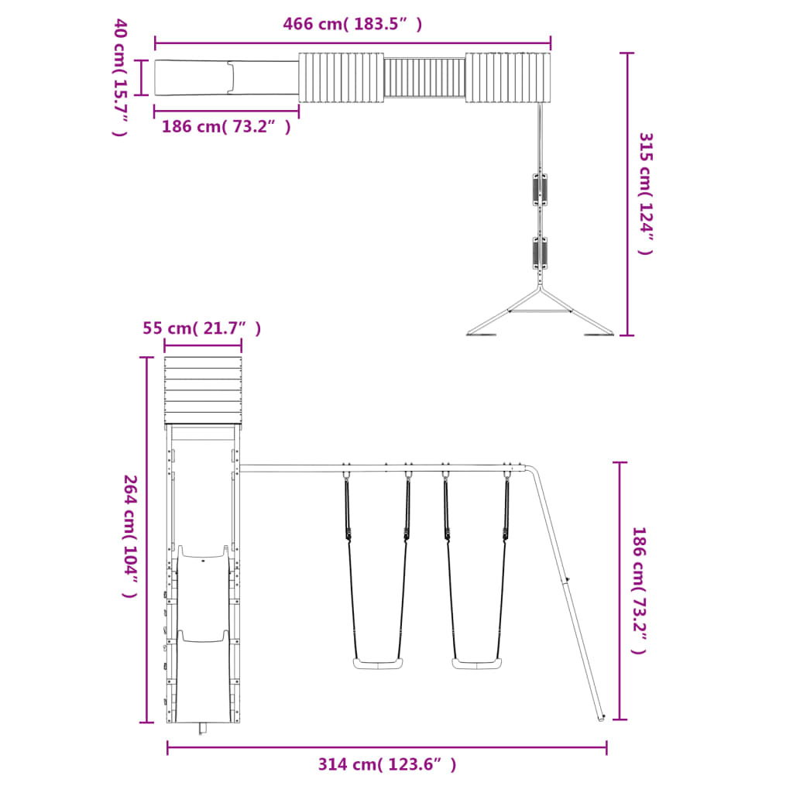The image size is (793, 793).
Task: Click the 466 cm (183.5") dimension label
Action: pos(352,24)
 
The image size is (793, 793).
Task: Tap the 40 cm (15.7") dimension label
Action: pos(120,77)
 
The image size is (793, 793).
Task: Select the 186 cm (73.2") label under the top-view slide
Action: pos(226,126)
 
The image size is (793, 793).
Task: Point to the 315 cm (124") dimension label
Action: pos(646,194)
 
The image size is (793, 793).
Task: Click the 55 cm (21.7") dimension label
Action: pos(202,328)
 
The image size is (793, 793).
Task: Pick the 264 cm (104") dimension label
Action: pos(130,536)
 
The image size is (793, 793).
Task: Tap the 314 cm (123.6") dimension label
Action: pos(387,764)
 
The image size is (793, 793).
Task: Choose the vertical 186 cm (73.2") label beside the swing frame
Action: pos(639,590)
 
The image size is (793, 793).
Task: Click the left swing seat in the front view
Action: pos(378,663)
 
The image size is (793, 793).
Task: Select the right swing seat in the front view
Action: pos(477,663)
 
